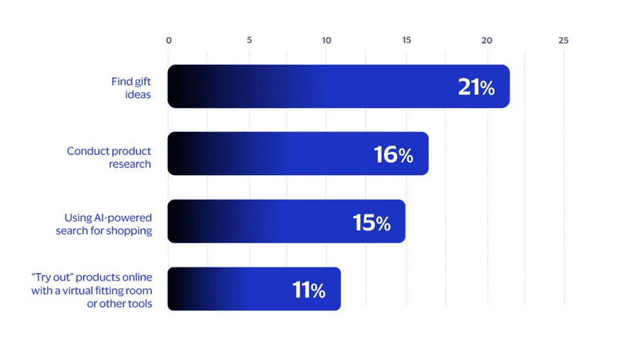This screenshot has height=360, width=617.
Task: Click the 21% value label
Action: [476, 87]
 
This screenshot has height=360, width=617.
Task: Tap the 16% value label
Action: [393, 155]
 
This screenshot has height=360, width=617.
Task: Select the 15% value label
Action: [371, 223]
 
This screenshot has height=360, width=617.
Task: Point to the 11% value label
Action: [308, 291]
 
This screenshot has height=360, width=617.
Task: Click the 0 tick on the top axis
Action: [169, 40]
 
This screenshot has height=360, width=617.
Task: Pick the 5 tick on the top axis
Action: [249, 40]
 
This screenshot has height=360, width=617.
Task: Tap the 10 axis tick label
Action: [326, 40]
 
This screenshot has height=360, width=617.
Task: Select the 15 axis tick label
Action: [406, 40]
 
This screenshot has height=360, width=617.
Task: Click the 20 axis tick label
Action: [486, 40]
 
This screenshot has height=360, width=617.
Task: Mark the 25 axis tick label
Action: [564, 40]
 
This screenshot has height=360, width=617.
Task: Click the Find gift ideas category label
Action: [131, 87]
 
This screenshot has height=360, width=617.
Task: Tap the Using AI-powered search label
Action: [103, 224]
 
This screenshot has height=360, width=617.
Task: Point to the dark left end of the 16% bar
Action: [175, 153]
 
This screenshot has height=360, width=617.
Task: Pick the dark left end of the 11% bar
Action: [175, 289]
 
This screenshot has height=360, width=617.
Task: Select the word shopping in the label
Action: [129, 231]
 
